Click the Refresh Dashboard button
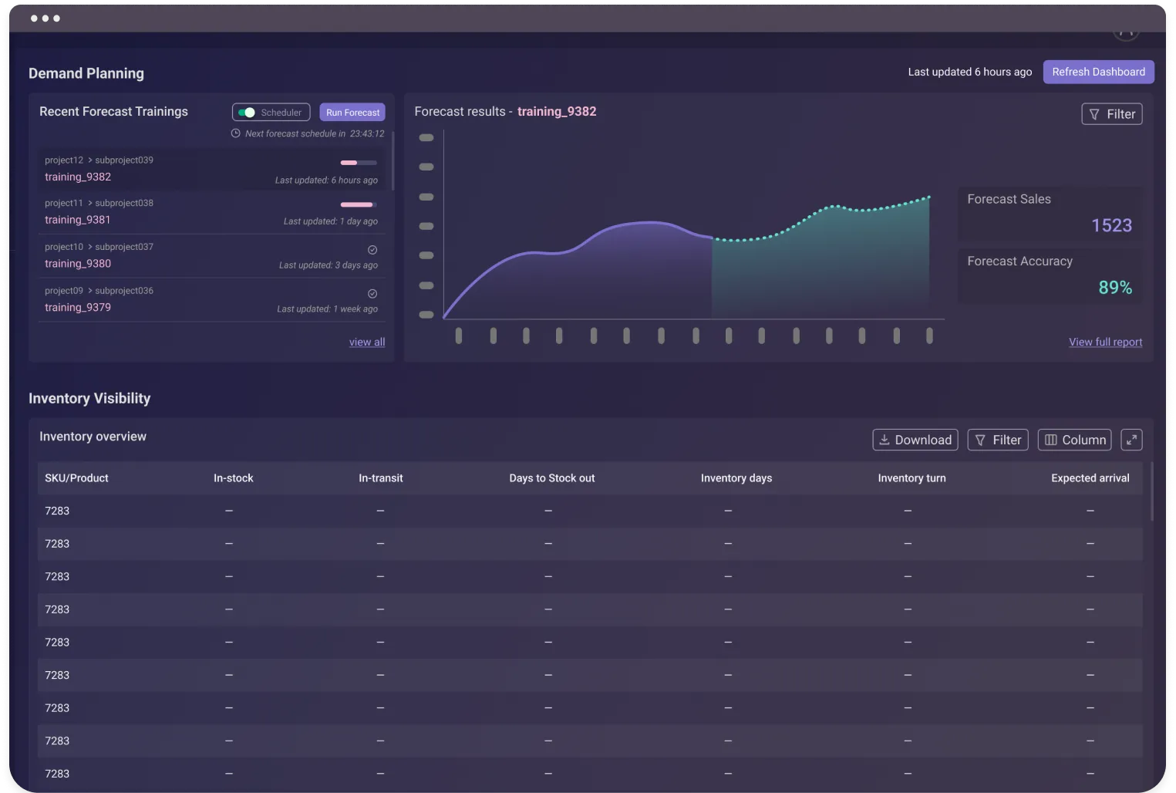(x=1098, y=72)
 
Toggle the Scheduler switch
(x=247, y=113)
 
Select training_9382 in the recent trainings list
(x=78, y=177)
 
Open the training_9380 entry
(x=78, y=264)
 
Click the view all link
(x=366, y=343)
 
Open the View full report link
(x=1105, y=343)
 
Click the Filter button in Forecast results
(x=1111, y=114)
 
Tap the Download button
(x=915, y=440)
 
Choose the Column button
(x=1074, y=440)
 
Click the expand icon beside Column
(x=1131, y=440)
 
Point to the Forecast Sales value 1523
(x=1111, y=225)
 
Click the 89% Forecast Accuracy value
(x=1115, y=288)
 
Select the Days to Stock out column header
(x=551, y=478)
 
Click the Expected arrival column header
(x=1090, y=478)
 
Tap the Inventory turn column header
(x=911, y=478)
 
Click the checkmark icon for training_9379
(x=372, y=294)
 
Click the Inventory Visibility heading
(x=89, y=399)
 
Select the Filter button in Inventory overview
(x=997, y=440)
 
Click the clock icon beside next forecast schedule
(x=236, y=133)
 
